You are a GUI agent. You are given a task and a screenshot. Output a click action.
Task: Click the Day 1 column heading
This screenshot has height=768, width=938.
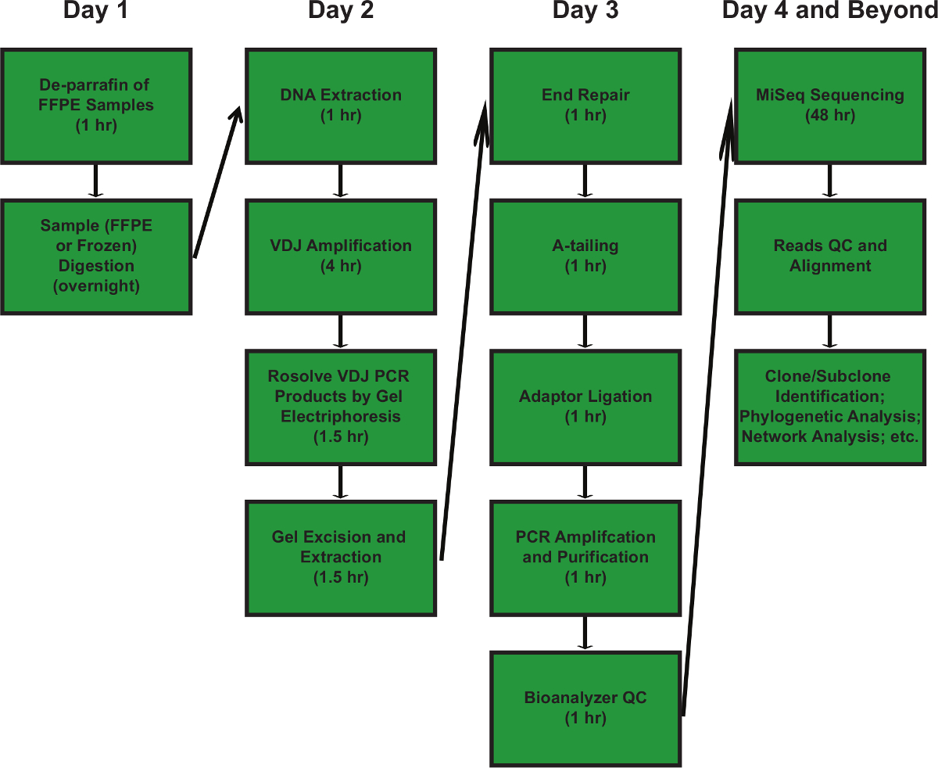pos(96,11)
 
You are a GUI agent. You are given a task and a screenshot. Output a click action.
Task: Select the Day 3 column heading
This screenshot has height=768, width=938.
pos(585,11)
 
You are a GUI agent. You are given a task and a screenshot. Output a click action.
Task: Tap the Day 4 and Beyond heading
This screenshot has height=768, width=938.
pos(829,11)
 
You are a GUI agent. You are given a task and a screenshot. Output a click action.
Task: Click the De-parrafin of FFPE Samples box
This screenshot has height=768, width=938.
pos(96,106)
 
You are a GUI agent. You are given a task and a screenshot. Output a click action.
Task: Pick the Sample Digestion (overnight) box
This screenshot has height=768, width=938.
pos(96,257)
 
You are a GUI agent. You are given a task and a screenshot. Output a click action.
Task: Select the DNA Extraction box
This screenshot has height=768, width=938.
pos(341,106)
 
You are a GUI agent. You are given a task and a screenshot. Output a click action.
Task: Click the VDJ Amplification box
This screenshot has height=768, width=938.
pos(341,257)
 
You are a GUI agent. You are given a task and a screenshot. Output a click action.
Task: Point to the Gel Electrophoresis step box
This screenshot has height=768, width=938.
pos(341,407)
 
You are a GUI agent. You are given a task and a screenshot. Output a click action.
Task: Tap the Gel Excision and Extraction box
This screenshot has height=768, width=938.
pos(341,558)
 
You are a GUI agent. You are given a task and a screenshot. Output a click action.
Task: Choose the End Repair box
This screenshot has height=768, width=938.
pos(585,106)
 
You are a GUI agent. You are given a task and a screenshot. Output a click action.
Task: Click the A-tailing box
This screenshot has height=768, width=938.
pos(585,257)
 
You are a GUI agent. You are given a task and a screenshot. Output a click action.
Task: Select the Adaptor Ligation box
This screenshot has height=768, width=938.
pos(585,407)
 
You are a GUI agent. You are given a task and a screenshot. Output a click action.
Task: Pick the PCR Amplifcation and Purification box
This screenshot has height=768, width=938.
pos(585,558)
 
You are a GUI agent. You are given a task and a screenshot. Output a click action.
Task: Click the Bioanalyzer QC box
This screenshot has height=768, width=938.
pos(585,708)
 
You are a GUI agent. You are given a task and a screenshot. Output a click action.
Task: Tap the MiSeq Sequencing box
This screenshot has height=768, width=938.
pos(830,106)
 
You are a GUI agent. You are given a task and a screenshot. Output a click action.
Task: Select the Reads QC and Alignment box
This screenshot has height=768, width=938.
pos(830,257)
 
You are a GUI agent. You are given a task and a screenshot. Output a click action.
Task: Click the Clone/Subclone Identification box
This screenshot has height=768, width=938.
pos(830,407)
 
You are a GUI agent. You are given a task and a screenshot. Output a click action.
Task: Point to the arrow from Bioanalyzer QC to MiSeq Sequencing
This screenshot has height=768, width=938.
pos(708,407)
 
